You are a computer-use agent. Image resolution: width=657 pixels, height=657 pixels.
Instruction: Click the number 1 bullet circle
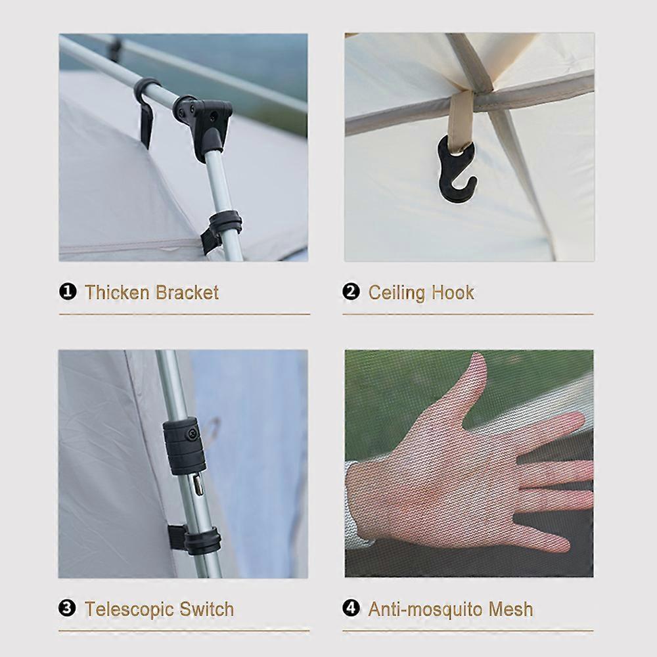(x=68, y=292)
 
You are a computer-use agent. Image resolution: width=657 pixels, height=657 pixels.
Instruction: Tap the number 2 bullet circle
(x=351, y=292)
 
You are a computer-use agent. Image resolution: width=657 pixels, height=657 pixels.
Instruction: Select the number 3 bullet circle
(x=68, y=608)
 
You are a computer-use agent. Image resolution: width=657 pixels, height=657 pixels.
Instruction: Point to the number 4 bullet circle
(x=351, y=608)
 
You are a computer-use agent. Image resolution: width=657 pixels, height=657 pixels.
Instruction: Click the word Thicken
(x=117, y=292)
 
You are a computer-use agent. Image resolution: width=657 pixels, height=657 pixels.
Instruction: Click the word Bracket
(x=187, y=292)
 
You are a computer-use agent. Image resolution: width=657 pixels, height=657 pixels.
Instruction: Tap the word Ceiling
(x=396, y=293)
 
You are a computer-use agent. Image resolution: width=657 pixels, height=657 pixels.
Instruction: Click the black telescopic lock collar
(x=185, y=446)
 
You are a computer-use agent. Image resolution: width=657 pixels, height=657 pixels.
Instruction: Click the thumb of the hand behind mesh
(x=470, y=388)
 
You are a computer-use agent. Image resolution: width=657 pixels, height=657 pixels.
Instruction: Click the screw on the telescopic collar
(x=193, y=433)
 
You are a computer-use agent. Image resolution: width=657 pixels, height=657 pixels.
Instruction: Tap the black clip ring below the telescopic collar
(x=198, y=539)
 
